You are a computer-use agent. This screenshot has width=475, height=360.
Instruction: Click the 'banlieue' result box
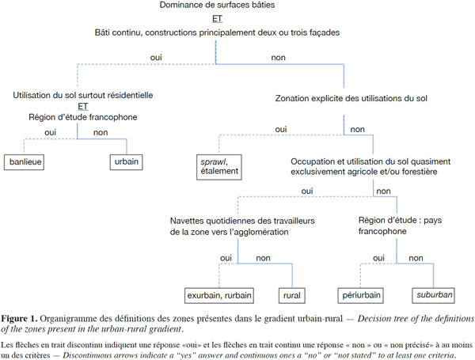[25, 162]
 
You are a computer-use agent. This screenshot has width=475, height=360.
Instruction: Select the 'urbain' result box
[127, 162]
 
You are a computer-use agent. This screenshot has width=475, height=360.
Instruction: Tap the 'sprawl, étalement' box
[219, 167]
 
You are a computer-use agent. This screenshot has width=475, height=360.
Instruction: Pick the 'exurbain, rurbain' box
[219, 295]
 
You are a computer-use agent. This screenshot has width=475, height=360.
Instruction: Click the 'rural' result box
[291, 295]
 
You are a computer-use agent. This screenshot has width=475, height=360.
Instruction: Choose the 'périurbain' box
[360, 295]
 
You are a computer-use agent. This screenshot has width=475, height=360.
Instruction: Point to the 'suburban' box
[434, 295]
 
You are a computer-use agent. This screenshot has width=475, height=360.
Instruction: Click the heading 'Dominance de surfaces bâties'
[217, 5]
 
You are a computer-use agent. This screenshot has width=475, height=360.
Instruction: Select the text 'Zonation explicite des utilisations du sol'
[351, 98]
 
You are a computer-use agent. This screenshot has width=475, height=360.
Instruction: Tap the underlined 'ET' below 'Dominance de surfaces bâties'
[217, 19]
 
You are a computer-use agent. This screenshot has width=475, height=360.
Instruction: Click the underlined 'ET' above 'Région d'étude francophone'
[82, 106]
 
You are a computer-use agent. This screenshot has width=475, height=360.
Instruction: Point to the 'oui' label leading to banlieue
[51, 133]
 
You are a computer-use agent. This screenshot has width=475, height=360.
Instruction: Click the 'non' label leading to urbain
[101, 133]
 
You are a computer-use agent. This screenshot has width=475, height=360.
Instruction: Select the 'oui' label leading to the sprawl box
[281, 129]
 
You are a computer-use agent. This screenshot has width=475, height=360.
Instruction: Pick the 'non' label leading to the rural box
[263, 258]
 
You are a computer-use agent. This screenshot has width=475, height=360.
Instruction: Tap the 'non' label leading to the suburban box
[416, 258]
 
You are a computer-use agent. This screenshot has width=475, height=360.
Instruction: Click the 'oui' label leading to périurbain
[378, 258]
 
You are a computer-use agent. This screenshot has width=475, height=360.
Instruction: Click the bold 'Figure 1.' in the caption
[19, 319]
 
